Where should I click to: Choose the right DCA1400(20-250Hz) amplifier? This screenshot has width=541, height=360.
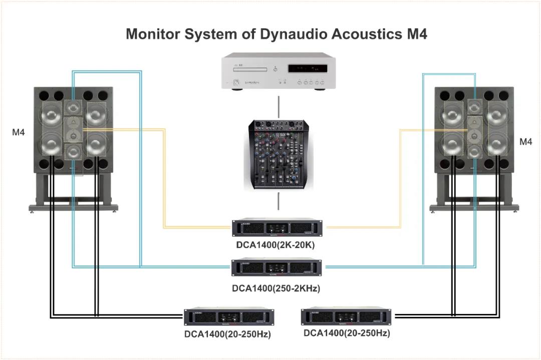click(x=346, y=316)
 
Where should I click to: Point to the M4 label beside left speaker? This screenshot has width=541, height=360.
click(x=19, y=133)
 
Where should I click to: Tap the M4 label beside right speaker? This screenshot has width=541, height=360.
click(x=525, y=142)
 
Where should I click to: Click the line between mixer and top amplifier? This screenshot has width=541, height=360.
click(x=279, y=203)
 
